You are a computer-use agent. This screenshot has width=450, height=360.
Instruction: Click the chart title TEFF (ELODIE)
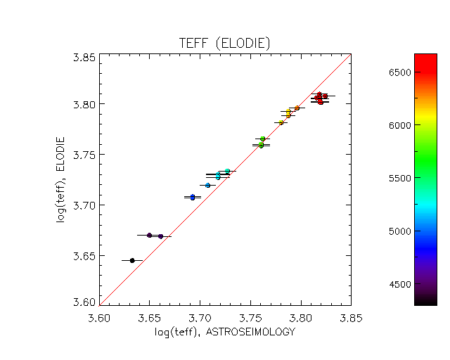[225, 44]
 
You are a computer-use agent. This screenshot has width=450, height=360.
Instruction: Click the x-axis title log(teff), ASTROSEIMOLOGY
[225, 331]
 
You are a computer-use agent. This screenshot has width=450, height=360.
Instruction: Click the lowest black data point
[132, 260]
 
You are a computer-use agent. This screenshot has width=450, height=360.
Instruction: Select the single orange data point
[297, 108]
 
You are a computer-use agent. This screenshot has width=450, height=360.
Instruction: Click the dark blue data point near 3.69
[193, 198]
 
